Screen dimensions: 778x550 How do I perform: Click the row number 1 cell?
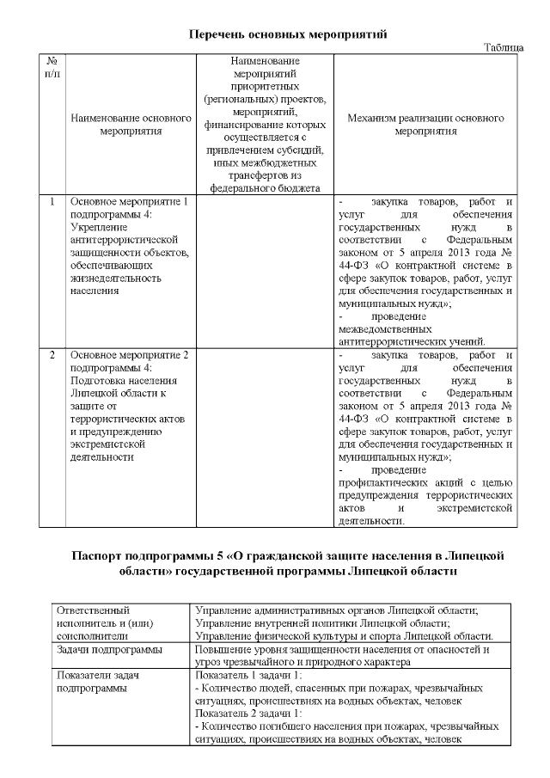coord(52,202)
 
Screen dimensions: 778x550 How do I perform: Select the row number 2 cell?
coord(52,354)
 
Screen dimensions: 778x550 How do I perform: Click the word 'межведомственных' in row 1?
coord(386,327)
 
